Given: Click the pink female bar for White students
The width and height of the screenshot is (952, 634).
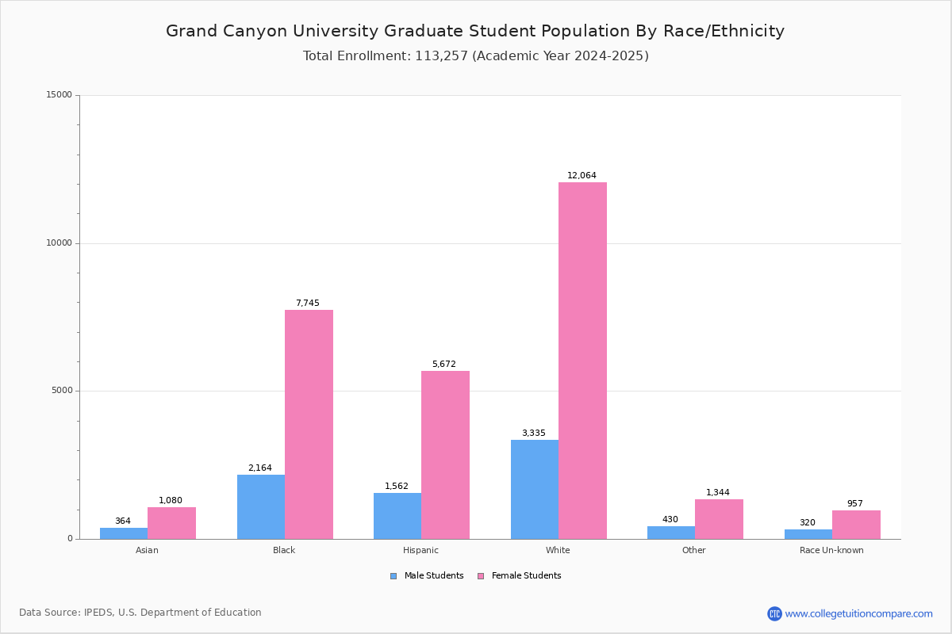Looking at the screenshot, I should [x=582, y=361].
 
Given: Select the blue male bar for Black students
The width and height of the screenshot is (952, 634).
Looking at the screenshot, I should [x=261, y=507].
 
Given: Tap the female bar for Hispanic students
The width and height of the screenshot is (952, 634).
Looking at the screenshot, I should [x=445, y=455].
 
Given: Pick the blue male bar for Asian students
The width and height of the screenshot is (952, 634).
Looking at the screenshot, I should [x=124, y=533].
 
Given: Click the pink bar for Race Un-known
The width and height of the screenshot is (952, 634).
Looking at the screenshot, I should [x=856, y=525].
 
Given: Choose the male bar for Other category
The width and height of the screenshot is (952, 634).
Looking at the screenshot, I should [x=671, y=533].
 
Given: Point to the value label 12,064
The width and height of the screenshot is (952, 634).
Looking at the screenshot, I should [x=582, y=176].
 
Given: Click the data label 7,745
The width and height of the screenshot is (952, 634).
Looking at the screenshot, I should [x=308, y=304].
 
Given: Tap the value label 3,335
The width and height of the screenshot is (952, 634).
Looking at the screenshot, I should [x=533, y=433].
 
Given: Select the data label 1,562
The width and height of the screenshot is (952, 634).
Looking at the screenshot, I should [x=397, y=487].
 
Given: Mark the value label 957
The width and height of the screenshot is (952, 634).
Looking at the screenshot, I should [x=854, y=504].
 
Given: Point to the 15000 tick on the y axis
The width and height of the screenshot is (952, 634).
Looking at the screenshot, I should [x=59, y=95].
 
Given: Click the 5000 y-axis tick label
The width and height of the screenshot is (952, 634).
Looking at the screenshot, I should [x=62, y=391].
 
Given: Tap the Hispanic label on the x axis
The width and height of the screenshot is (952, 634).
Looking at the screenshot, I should [x=420, y=550].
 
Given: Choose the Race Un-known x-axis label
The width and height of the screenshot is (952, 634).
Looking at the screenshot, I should [x=831, y=550].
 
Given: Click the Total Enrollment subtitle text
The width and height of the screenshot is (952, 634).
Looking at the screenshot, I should [x=475, y=56].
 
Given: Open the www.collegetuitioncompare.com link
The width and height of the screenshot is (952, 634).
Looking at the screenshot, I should [x=858, y=613].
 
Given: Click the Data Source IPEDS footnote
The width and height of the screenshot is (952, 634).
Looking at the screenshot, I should [x=140, y=613].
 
